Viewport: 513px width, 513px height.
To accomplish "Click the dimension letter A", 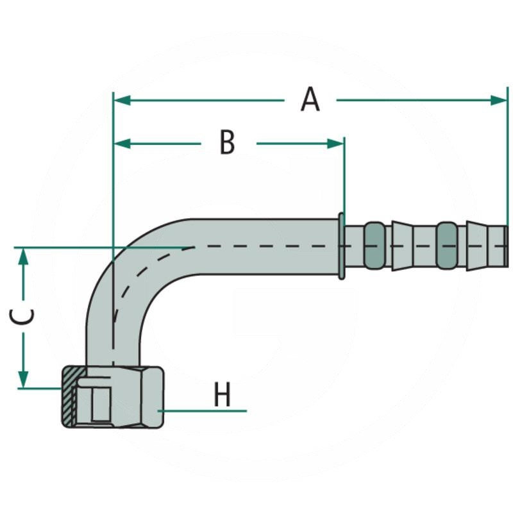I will coord(310,100).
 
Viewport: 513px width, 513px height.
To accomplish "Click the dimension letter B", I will coord(227,142).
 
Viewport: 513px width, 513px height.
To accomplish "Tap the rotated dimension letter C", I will coord(24,317).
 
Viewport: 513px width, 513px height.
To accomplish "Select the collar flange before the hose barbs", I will coord(342,246).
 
